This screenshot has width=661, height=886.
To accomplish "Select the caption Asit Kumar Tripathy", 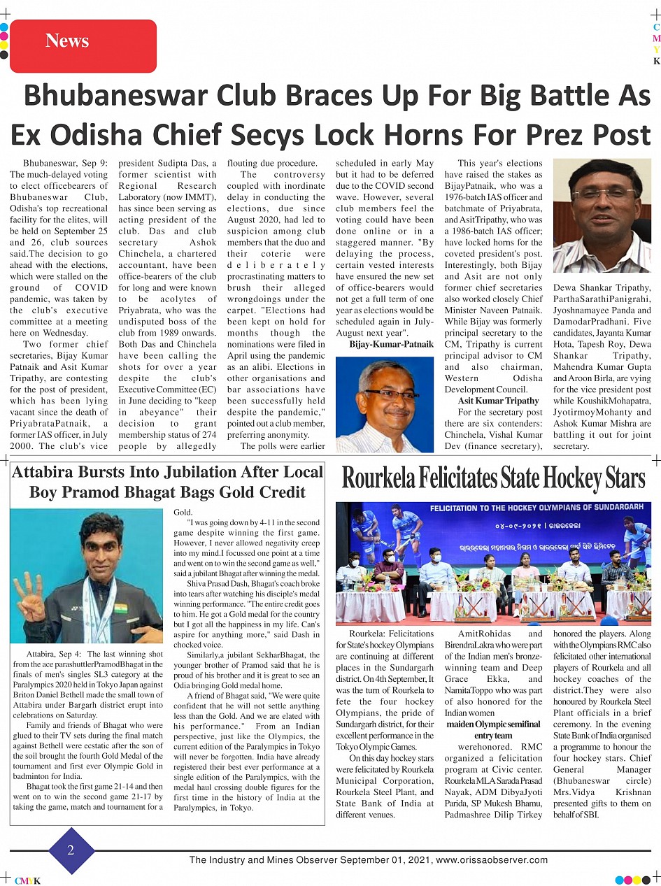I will (x=498, y=401).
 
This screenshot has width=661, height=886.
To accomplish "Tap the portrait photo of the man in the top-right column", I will (x=602, y=216).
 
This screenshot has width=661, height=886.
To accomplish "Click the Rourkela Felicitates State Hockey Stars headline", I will (x=493, y=479).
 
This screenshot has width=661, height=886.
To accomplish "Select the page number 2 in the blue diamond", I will (x=71, y=850).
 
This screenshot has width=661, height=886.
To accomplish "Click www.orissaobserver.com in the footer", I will (x=492, y=860).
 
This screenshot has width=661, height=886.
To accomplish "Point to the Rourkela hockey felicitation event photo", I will (x=493, y=563).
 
